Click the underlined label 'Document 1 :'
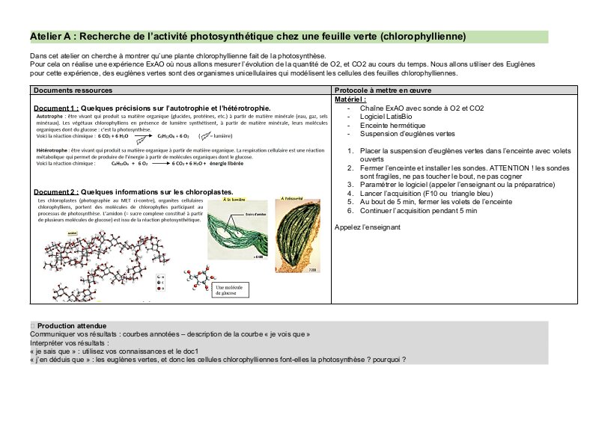pyautogui.click(x=55, y=108)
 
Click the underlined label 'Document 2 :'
pyautogui.click(x=55, y=192)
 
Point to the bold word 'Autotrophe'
pyautogui.click(x=49, y=117)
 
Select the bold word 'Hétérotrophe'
pyautogui.click(x=52, y=150)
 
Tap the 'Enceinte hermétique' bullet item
pyautogui.click(x=392, y=126)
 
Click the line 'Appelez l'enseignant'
pyautogui.click(x=368, y=227)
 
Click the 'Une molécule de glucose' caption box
pyautogui.click(x=232, y=289)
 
